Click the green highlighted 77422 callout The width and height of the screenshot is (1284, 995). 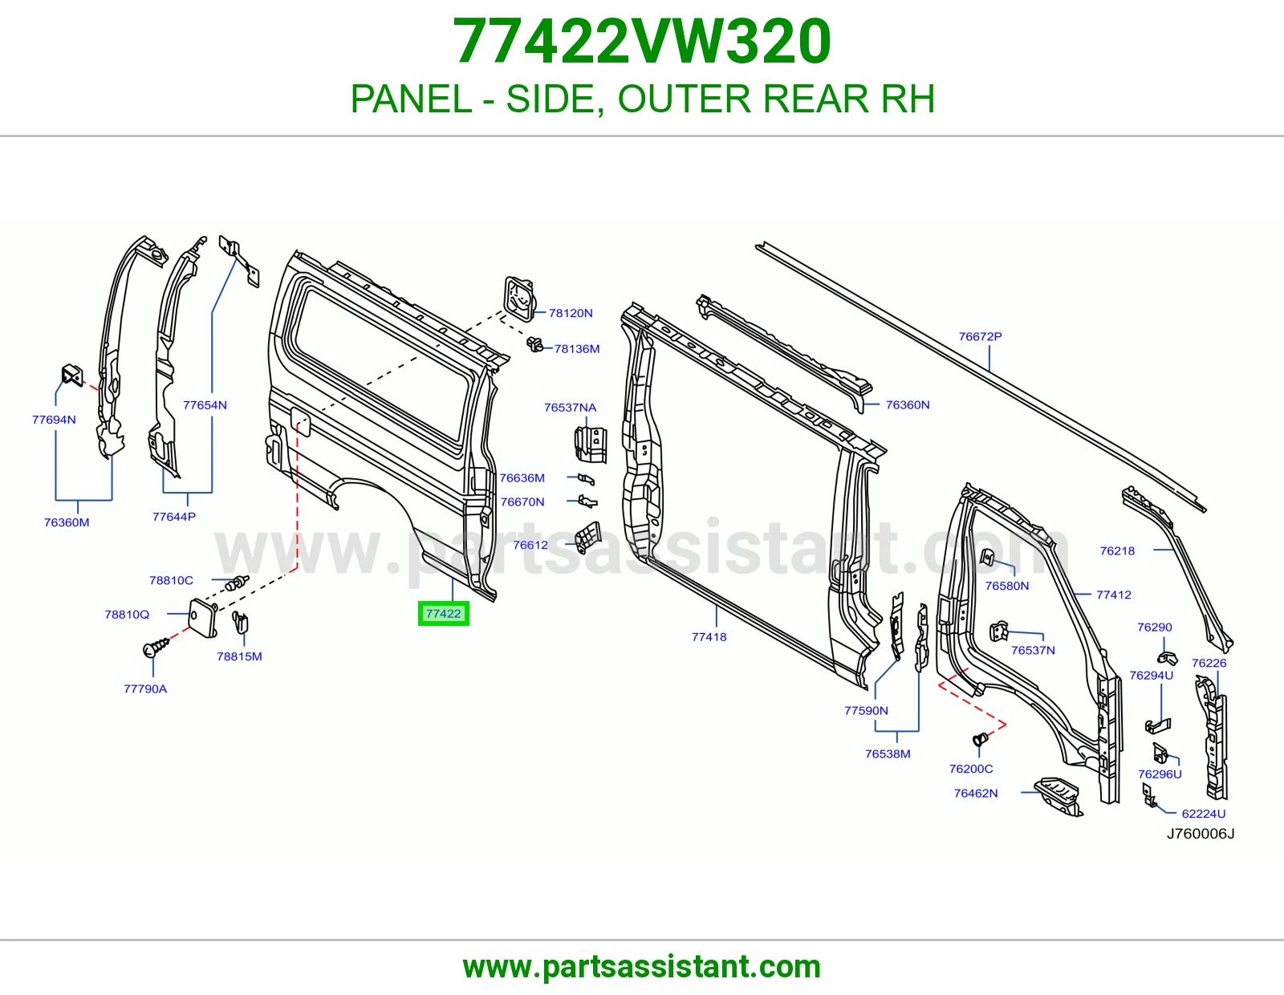point(443,613)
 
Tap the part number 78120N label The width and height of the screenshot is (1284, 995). point(571,313)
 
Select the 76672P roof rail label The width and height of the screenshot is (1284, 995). point(981,336)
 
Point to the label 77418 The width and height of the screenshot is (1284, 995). point(709,637)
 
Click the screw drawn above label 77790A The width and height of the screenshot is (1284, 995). point(156,648)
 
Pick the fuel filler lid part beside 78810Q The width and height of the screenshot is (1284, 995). point(203,618)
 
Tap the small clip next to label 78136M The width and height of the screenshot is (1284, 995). point(534,344)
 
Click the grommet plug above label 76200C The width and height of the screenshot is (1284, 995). point(979,738)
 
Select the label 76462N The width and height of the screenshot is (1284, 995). point(976,794)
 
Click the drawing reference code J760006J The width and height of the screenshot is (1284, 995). point(1200,834)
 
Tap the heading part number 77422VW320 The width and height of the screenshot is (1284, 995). point(642,41)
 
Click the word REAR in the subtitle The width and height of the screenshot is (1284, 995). point(816,99)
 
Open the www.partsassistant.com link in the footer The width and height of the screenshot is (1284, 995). point(642,967)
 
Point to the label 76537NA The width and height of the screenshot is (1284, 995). point(571,408)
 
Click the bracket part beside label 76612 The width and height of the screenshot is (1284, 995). point(588,537)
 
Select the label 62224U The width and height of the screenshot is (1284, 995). point(1204,814)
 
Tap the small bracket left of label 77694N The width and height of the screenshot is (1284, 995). point(72,376)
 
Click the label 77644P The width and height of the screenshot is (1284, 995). point(173,517)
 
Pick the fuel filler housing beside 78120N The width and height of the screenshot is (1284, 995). point(519,299)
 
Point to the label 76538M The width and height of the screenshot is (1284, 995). point(888,754)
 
